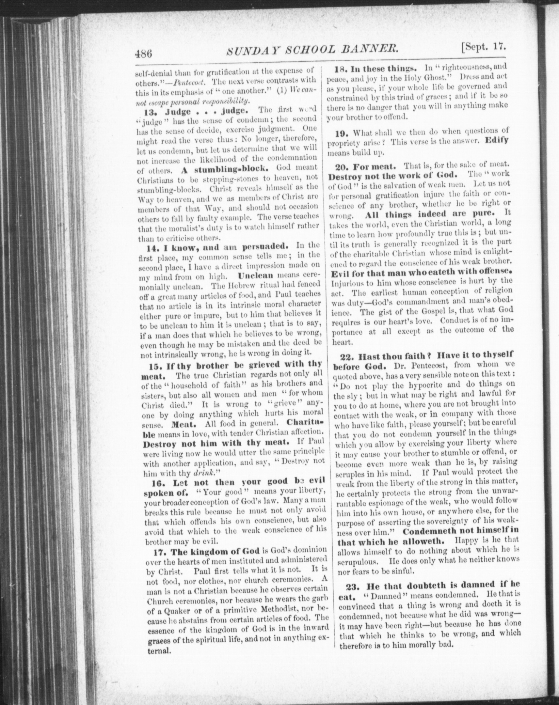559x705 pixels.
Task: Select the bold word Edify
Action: coord(497,141)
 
